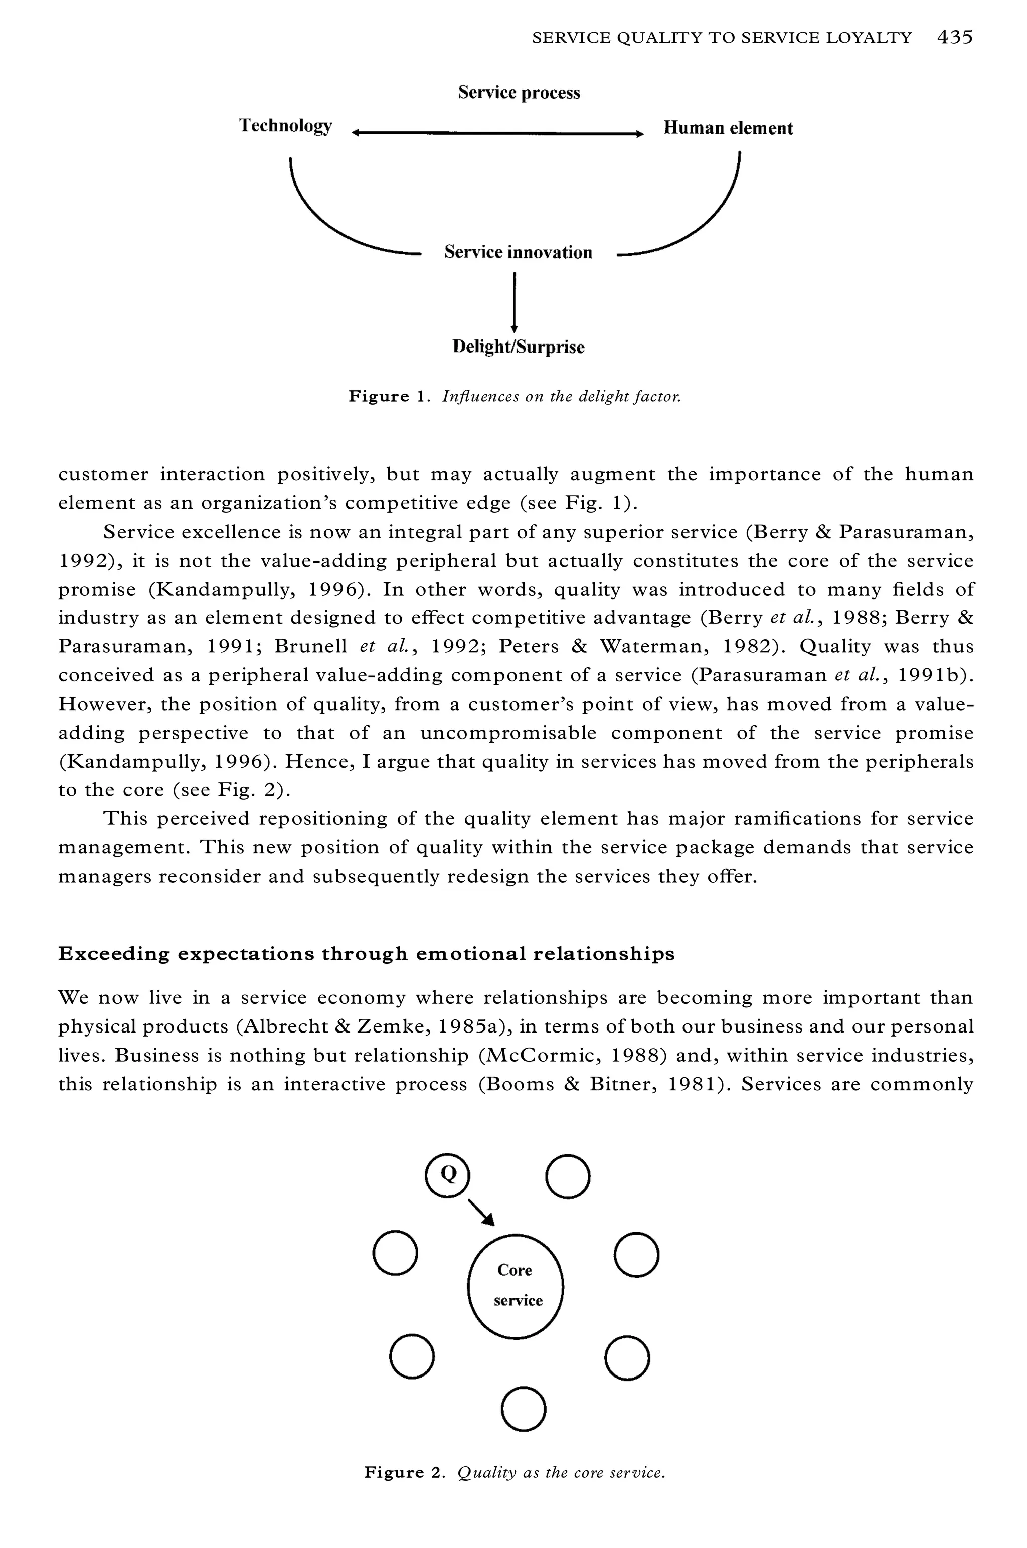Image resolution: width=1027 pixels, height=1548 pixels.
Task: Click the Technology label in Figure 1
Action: pyautogui.click(x=285, y=126)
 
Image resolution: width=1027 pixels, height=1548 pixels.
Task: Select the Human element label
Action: pyautogui.click(x=728, y=128)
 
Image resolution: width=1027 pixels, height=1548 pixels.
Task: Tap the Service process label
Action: pyautogui.click(x=519, y=92)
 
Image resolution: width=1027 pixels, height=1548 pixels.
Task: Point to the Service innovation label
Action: pyautogui.click(x=518, y=252)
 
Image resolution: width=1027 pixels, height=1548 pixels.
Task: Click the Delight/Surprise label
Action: pyautogui.click(x=518, y=347)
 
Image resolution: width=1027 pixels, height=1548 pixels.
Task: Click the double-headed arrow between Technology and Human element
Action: pyautogui.click(x=498, y=133)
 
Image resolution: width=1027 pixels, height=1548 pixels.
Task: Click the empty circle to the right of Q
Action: pyautogui.click(x=568, y=1176)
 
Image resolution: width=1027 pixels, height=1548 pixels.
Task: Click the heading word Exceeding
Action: pyautogui.click(x=113, y=954)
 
